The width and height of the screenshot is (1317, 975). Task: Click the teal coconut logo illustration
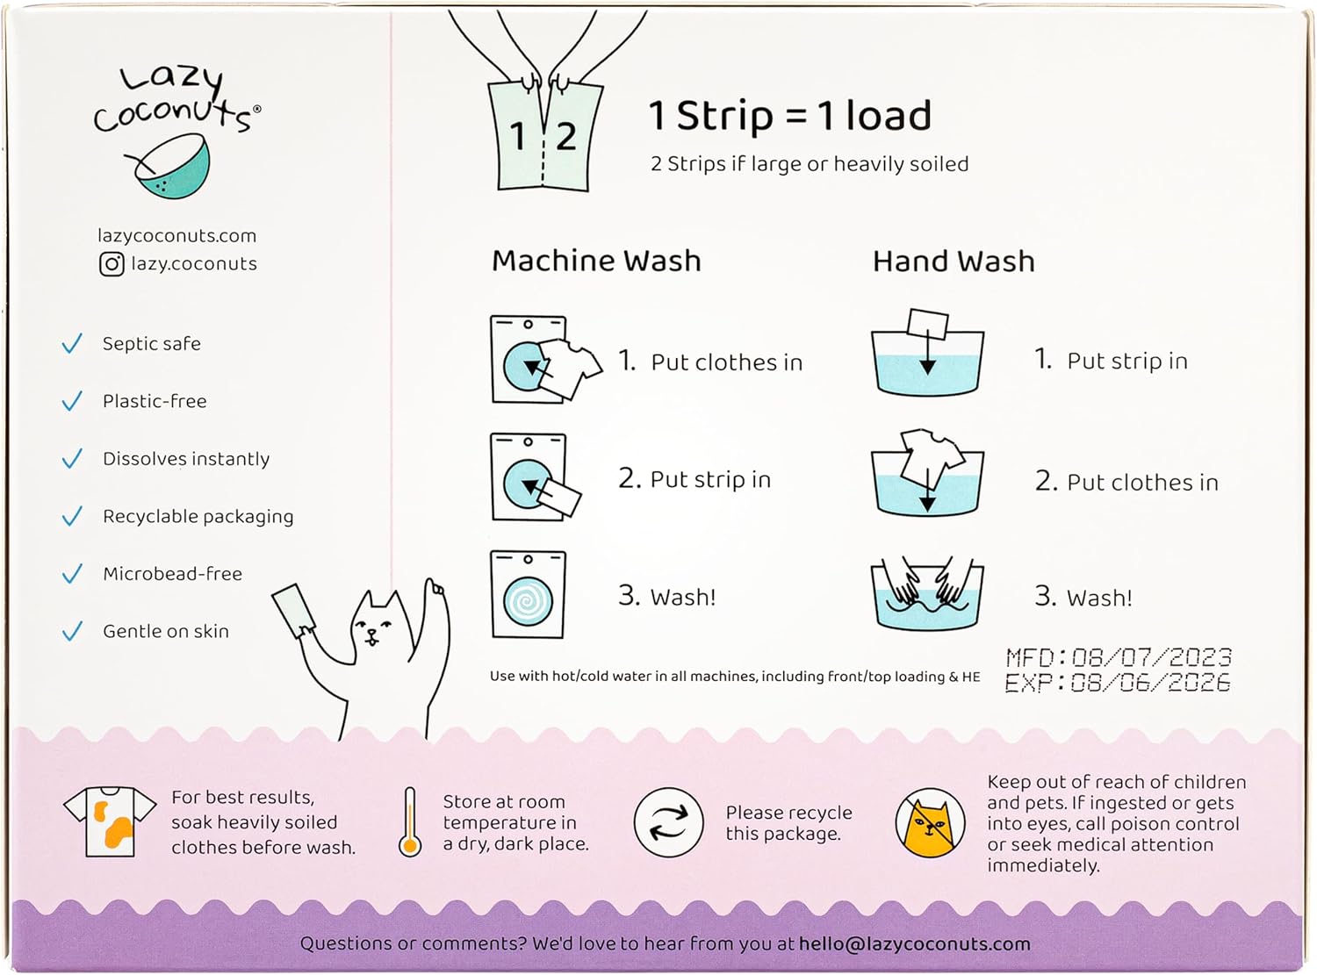click(x=169, y=167)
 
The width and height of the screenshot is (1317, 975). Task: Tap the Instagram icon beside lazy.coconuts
click(x=112, y=264)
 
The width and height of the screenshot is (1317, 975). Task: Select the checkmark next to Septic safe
click(x=72, y=343)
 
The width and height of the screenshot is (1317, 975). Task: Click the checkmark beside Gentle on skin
click(x=72, y=631)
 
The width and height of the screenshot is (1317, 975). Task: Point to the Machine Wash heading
click(x=596, y=262)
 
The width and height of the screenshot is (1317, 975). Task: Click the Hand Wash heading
click(x=953, y=262)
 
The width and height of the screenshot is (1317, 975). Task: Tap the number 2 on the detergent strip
click(x=565, y=137)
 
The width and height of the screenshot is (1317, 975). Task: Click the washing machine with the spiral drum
click(x=528, y=595)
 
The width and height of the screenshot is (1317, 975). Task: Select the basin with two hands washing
click(x=927, y=593)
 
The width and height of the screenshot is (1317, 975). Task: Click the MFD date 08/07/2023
click(x=1151, y=657)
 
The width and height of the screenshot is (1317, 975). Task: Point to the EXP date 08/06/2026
click(x=1149, y=683)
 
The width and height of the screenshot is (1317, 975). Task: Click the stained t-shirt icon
click(x=110, y=821)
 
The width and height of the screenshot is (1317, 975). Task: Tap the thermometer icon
click(x=410, y=822)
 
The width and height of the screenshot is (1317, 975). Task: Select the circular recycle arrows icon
click(x=668, y=822)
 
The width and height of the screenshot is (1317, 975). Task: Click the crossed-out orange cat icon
click(x=931, y=822)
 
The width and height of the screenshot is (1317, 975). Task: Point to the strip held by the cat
click(x=293, y=610)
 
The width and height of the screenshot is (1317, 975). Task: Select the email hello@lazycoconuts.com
click(x=914, y=943)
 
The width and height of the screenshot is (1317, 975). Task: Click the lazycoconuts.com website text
click(x=177, y=235)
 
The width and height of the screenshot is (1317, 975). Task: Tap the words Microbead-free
click(x=173, y=573)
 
